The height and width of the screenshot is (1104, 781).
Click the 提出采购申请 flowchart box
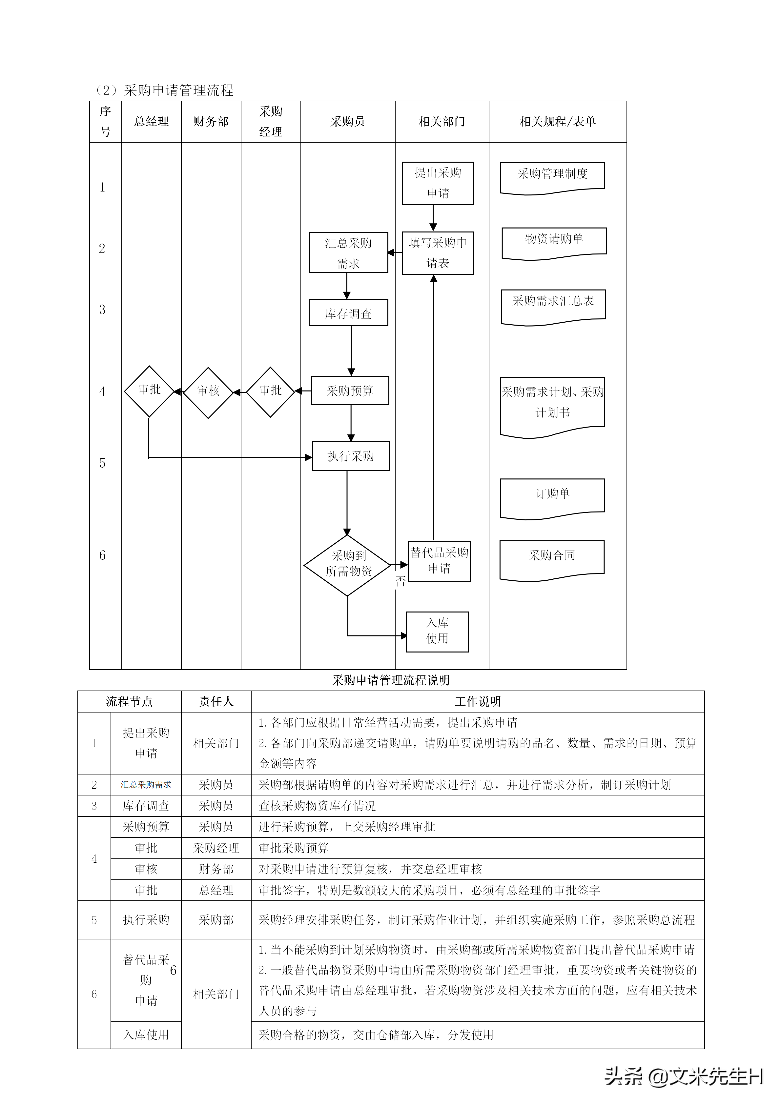438,183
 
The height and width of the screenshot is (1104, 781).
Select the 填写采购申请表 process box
438,253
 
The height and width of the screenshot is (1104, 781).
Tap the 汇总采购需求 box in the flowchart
348,253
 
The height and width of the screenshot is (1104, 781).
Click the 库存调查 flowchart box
348,313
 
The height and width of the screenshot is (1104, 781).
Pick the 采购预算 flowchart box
350,391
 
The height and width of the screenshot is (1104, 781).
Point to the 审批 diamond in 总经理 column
149,391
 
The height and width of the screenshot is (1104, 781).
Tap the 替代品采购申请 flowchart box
439,561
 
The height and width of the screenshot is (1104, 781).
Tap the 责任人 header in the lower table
216,702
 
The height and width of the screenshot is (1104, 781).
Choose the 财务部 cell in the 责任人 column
216,869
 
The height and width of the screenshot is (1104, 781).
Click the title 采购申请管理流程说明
390,680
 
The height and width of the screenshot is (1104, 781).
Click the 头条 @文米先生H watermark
683,1076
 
